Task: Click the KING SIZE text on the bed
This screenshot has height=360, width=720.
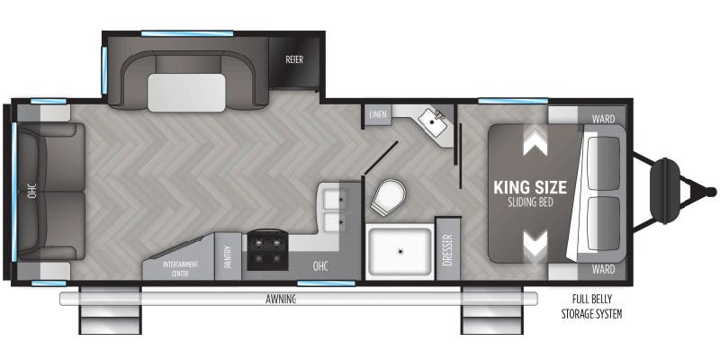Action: (530, 188)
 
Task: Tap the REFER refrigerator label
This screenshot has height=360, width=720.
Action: (293, 61)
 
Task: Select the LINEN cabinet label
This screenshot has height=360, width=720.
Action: (377, 114)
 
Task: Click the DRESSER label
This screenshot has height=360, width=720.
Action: (447, 249)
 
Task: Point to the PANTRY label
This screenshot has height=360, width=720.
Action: (228, 257)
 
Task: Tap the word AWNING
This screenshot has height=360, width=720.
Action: (282, 298)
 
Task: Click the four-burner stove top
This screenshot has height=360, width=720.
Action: (267, 249)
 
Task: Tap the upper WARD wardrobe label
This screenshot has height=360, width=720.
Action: (603, 117)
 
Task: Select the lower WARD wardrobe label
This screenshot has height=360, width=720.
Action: (603, 269)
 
